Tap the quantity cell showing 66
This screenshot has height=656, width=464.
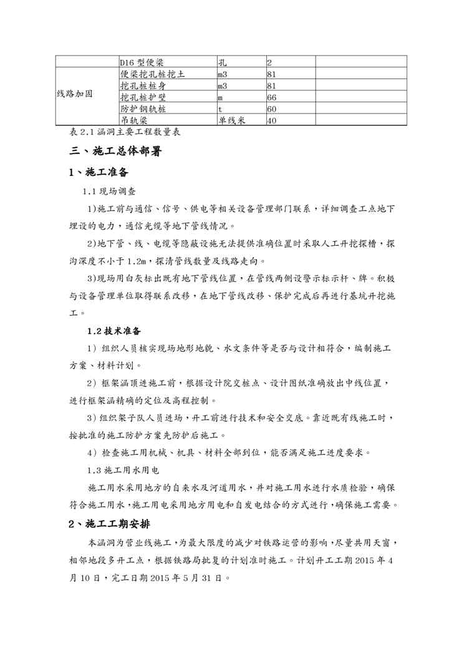pyautogui.click(x=271, y=98)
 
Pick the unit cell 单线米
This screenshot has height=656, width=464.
pyautogui.click(x=231, y=121)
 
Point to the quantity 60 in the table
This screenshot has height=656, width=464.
pyautogui.click(x=271, y=109)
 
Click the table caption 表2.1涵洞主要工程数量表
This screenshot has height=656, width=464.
pyautogui.click(x=119, y=133)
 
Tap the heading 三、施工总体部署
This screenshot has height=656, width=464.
pyautogui.click(x=116, y=151)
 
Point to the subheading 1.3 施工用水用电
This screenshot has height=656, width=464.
pyautogui.click(x=123, y=470)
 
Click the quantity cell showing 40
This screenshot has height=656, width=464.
pyautogui.click(x=271, y=121)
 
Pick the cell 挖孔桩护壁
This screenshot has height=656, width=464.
pyautogui.click(x=143, y=98)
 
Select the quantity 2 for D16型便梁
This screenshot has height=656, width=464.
pyautogui.click(x=269, y=63)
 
